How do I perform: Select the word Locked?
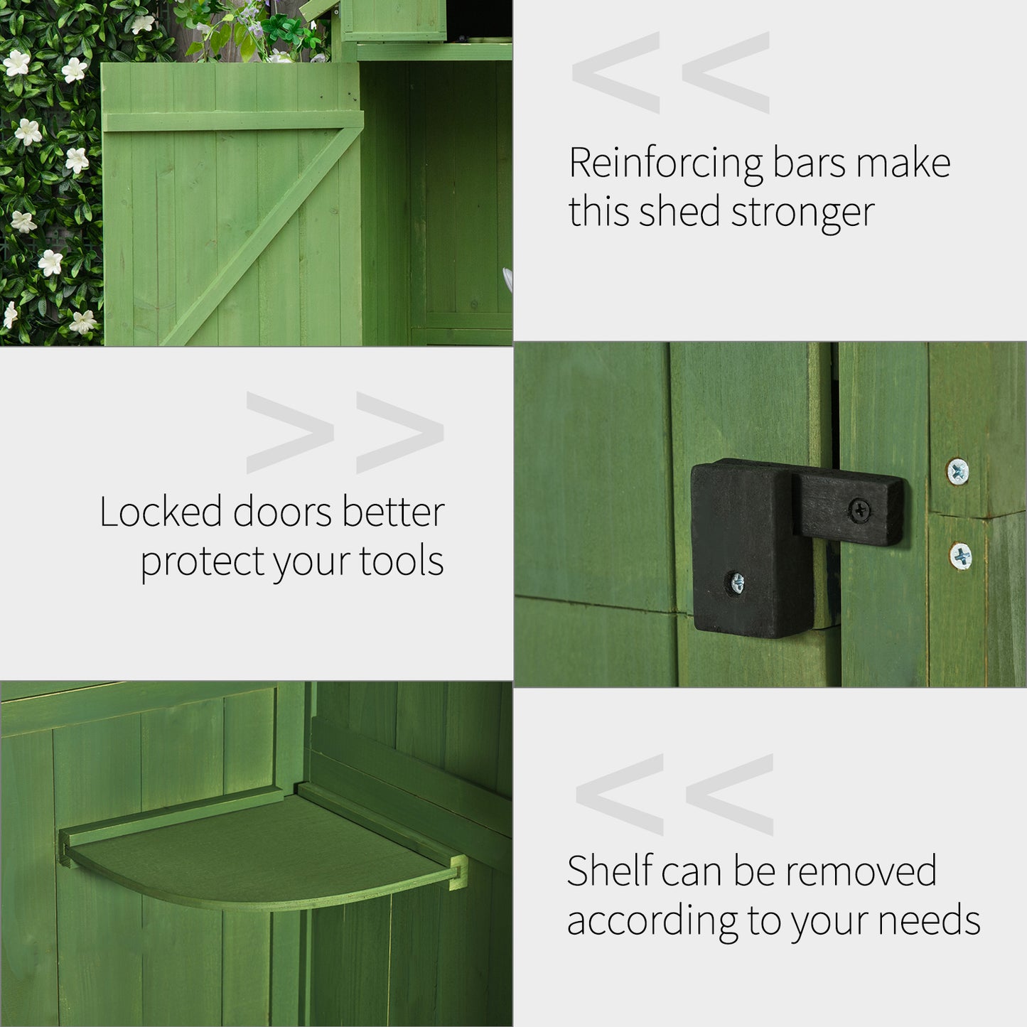click(x=161, y=512)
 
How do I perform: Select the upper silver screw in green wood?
click(x=958, y=470)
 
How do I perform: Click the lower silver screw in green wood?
click(x=960, y=555)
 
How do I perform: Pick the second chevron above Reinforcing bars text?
click(x=725, y=72)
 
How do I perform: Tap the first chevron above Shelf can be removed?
click(x=619, y=795)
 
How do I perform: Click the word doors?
click(x=282, y=512)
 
